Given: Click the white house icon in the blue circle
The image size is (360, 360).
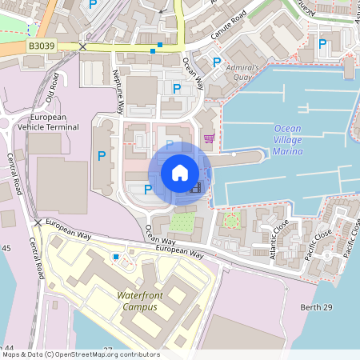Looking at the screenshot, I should (x=180, y=172).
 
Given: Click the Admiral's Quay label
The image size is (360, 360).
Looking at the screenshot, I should (x=242, y=73).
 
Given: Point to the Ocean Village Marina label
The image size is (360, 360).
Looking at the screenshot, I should (x=289, y=139).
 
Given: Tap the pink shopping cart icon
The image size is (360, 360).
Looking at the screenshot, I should (x=210, y=138).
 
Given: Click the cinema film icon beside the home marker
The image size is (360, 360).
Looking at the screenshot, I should (x=194, y=188).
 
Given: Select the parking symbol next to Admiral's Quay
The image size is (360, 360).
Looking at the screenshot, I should (x=216, y=62).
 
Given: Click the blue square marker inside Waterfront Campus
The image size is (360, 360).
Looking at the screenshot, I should (x=117, y=257).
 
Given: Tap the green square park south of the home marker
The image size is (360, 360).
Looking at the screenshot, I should (x=182, y=222).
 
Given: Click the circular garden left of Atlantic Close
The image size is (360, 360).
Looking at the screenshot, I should (x=231, y=220).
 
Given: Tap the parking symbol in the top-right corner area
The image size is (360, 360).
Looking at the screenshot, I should (x=323, y=44).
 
